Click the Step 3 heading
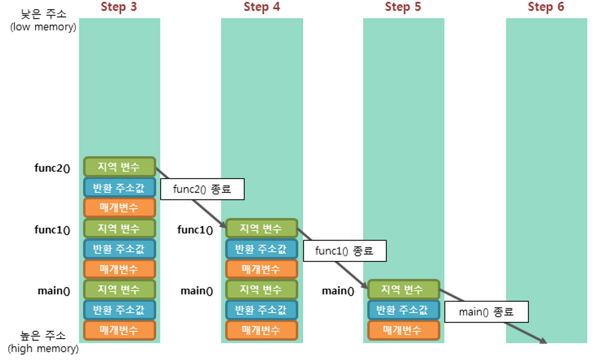click(119, 7)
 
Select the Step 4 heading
click(262, 7)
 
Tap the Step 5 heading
click(403, 7)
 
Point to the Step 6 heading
click(546, 7)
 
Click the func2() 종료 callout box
click(202, 189)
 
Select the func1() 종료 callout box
click(344, 251)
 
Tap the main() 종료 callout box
click(486, 312)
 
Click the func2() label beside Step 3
click(52, 169)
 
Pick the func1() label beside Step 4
click(195, 230)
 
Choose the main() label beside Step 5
click(338, 291)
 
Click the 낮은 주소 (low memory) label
click(43, 20)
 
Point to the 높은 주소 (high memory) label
click(43, 342)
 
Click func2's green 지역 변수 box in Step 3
click(119, 167)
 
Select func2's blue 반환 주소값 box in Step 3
click(119, 187)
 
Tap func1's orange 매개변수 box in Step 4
click(261, 269)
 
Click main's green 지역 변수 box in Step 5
click(403, 290)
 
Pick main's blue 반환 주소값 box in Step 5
click(403, 310)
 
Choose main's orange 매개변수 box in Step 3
click(119, 330)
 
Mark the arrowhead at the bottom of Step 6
click(543, 341)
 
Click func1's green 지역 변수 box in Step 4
click(261, 228)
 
